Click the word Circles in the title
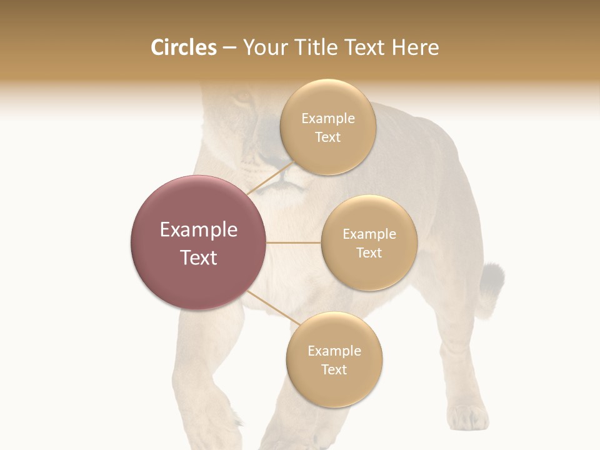(x=183, y=47)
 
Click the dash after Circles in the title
(x=229, y=48)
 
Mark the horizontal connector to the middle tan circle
(x=294, y=242)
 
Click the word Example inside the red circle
(x=199, y=230)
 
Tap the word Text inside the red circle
(x=199, y=257)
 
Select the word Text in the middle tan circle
(x=369, y=252)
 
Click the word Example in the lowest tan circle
(x=334, y=351)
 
